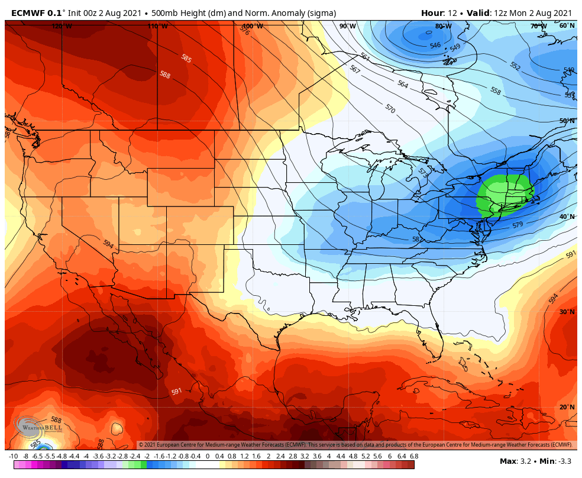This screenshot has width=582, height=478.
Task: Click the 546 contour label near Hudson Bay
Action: coord(435,46)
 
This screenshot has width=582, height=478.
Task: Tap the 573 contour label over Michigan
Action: coord(422,172)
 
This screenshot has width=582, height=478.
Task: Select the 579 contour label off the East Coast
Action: coord(518,225)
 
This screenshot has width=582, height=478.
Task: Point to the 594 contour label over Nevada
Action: coord(108,244)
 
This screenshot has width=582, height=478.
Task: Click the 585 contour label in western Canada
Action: coord(186,59)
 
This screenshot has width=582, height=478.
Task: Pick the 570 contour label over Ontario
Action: coord(390,109)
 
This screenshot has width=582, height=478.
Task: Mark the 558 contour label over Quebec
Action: coord(495,91)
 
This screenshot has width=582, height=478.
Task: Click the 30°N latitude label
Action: coord(567,312)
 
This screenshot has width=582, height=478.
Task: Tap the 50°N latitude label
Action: coord(567,121)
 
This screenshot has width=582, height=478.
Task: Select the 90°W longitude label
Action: coord(348,26)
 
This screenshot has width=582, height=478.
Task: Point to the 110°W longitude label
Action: coord(157,26)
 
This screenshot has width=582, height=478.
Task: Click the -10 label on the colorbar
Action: coord(13,456)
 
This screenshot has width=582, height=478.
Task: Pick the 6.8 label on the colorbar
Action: coord(414,456)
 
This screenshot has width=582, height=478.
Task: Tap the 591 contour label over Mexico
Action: coord(176,392)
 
